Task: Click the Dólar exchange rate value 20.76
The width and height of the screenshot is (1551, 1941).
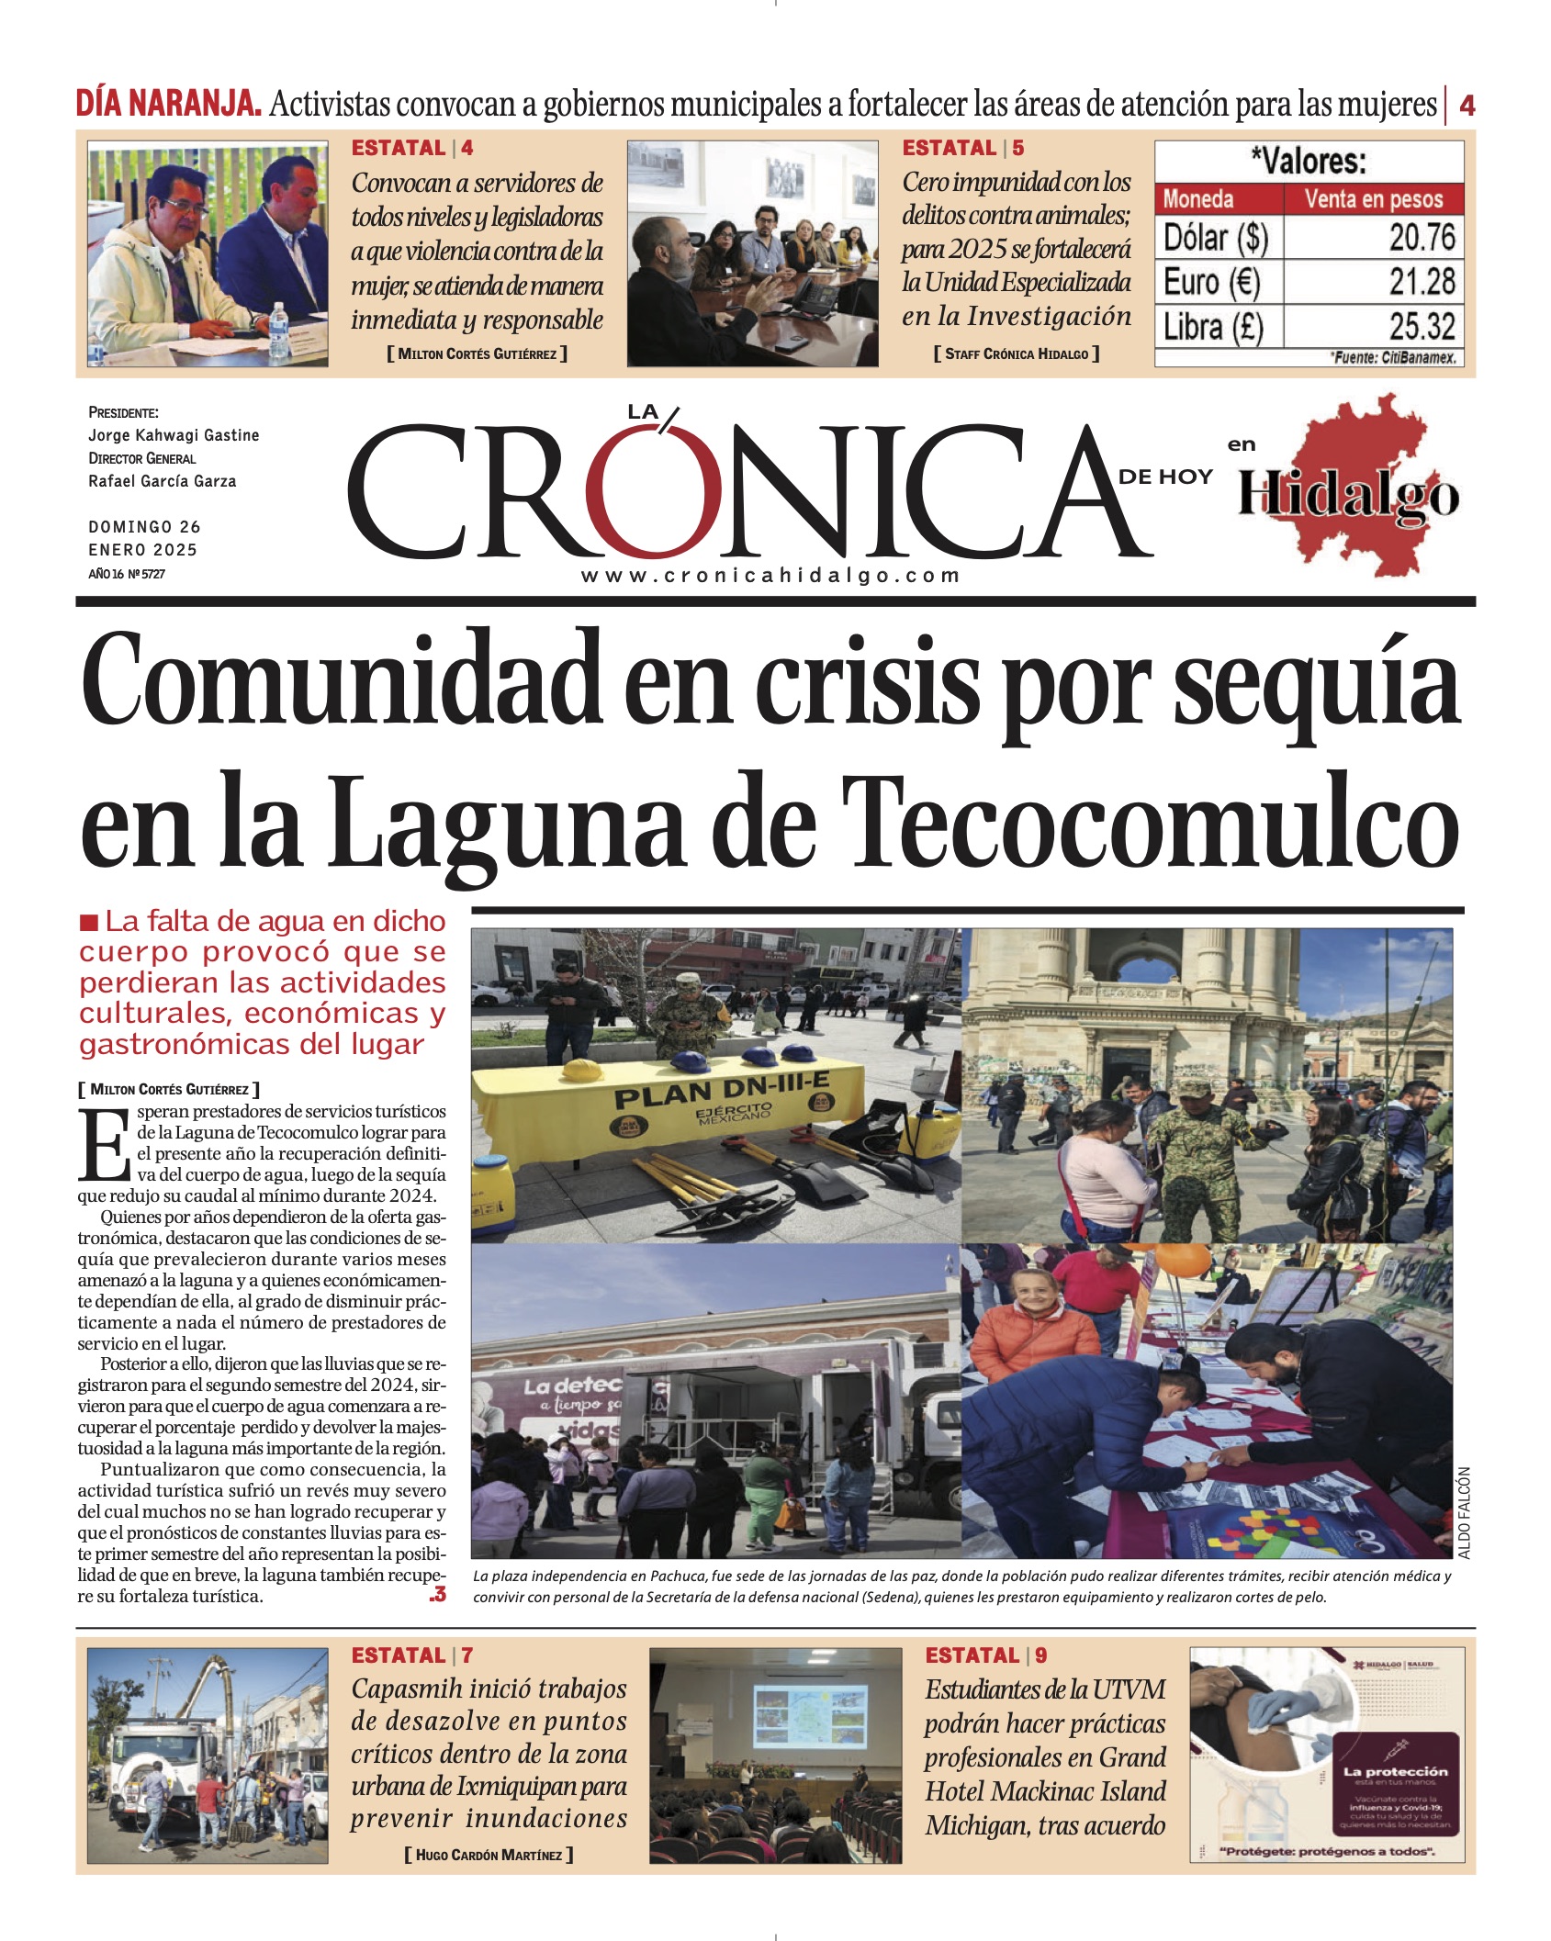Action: [x=1421, y=238]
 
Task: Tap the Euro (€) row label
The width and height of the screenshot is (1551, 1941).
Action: [x=1211, y=282]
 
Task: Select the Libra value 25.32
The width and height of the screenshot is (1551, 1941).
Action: [x=1421, y=326]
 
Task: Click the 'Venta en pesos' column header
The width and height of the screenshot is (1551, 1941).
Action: [x=1373, y=199]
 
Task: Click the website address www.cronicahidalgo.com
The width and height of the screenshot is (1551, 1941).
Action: [x=770, y=576]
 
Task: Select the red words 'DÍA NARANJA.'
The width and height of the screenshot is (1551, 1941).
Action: [x=169, y=104]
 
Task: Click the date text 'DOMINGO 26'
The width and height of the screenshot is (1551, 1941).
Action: [x=144, y=527]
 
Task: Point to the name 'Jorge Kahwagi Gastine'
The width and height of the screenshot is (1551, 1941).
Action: [x=174, y=435]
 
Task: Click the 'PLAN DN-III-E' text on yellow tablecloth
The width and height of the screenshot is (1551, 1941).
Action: [x=722, y=1091]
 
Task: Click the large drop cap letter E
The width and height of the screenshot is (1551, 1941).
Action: [x=105, y=1144]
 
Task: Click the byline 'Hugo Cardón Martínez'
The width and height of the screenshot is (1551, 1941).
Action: [x=489, y=1855]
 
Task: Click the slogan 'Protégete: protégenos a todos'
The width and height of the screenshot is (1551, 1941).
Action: [x=1327, y=1852]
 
